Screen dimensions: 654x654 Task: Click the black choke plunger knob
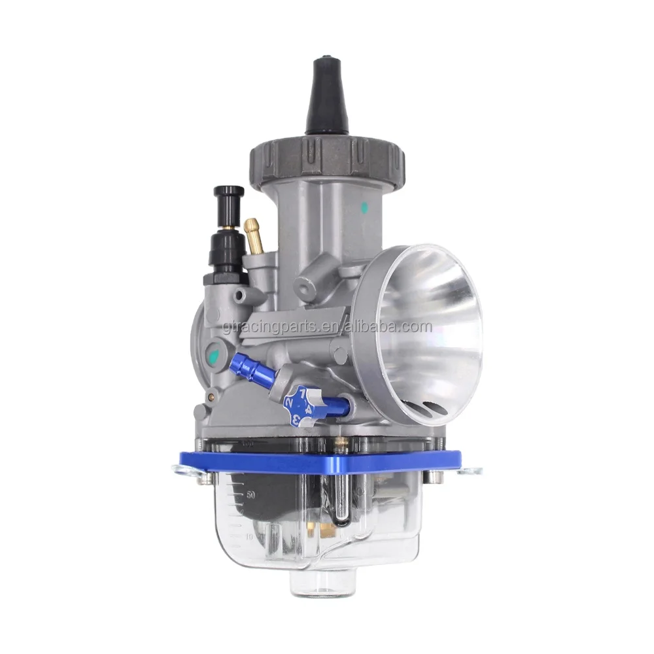[228, 195]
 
